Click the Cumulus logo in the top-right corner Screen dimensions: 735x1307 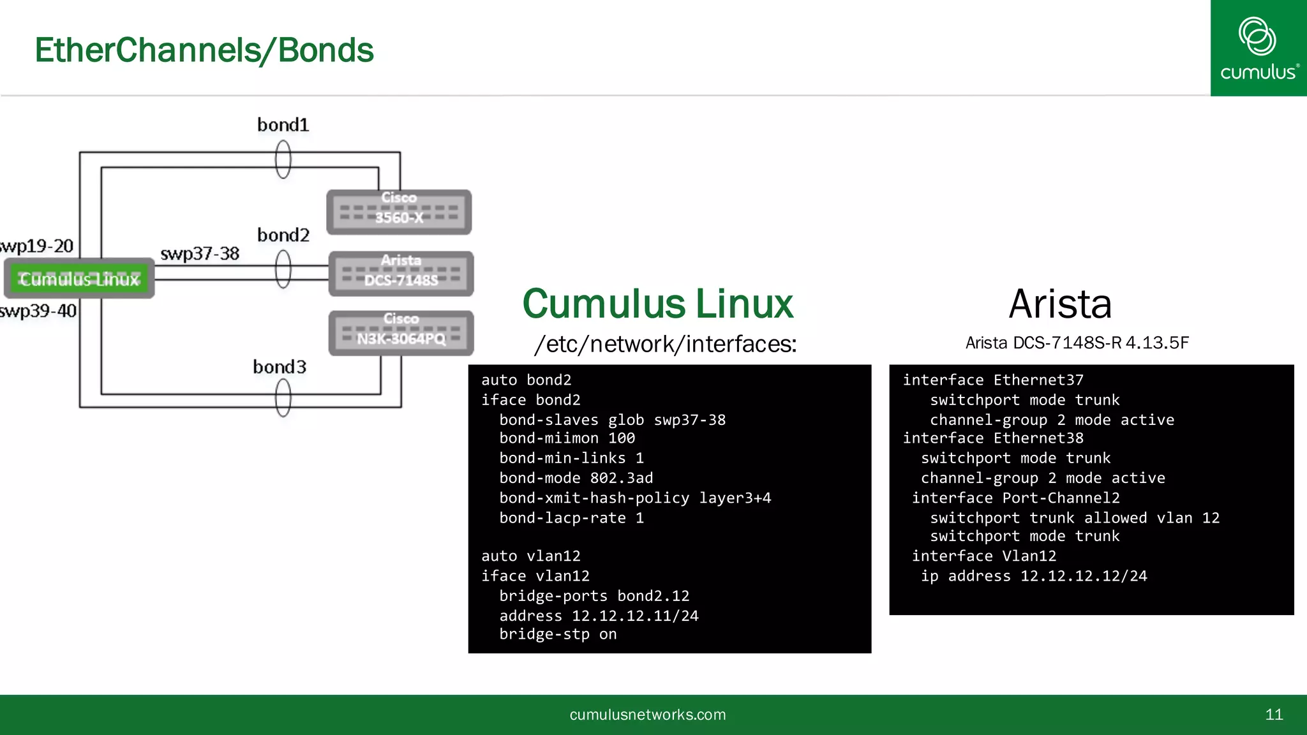point(1258,48)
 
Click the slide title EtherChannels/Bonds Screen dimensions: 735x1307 point(204,50)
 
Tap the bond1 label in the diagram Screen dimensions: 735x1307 point(283,125)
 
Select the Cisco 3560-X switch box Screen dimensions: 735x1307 point(399,212)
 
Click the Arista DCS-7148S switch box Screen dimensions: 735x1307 point(401,274)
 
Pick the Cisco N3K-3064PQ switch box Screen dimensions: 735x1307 point(401,332)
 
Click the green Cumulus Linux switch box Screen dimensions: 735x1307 point(79,279)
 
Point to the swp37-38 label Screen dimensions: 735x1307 point(200,254)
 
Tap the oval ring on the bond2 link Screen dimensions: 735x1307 point(283,269)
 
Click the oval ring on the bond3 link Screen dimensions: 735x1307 point(283,397)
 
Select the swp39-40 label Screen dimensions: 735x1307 point(38,311)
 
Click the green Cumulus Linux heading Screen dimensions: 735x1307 point(657,304)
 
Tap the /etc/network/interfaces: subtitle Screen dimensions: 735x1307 point(666,345)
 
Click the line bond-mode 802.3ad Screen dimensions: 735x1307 point(576,478)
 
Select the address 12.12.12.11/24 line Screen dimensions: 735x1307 point(599,616)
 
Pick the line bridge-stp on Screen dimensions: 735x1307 point(558,634)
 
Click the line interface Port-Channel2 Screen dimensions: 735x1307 point(1015,498)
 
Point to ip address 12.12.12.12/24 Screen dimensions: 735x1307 point(1034,576)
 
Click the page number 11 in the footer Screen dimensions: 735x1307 point(1274,715)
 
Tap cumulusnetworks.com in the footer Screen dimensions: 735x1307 point(647,715)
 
